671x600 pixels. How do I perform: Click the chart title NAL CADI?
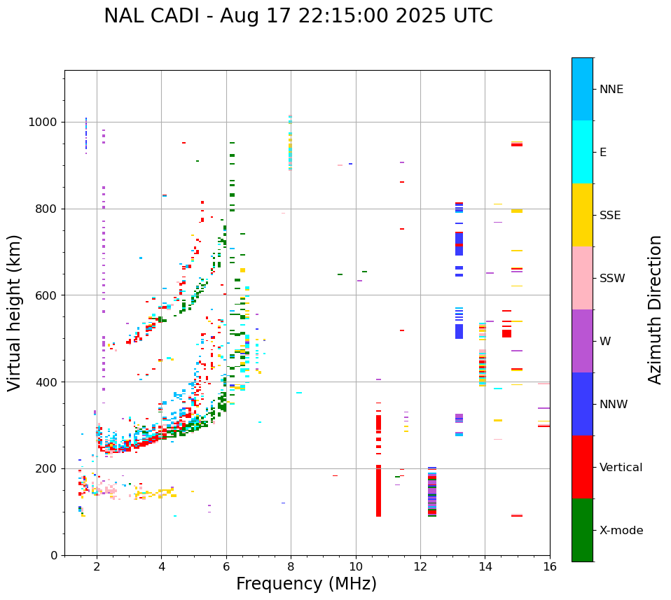(x=298, y=16)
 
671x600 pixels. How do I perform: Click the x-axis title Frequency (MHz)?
(x=306, y=584)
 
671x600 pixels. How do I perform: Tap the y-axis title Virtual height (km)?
(x=15, y=313)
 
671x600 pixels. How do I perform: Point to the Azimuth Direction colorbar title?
(x=655, y=309)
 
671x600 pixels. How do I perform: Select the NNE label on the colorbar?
(x=611, y=90)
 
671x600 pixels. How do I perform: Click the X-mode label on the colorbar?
(x=621, y=531)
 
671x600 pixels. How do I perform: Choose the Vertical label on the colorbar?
(x=621, y=468)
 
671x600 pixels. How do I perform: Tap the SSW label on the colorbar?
(x=612, y=279)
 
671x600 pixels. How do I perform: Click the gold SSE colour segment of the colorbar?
(x=582, y=214)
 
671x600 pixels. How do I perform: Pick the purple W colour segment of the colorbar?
(x=582, y=341)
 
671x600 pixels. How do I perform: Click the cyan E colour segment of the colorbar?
(x=582, y=151)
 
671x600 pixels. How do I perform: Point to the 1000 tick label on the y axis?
(x=44, y=123)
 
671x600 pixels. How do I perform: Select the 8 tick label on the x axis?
(x=291, y=566)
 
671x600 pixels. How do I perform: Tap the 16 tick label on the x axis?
(x=549, y=566)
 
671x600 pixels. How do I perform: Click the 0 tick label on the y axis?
(x=55, y=555)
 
